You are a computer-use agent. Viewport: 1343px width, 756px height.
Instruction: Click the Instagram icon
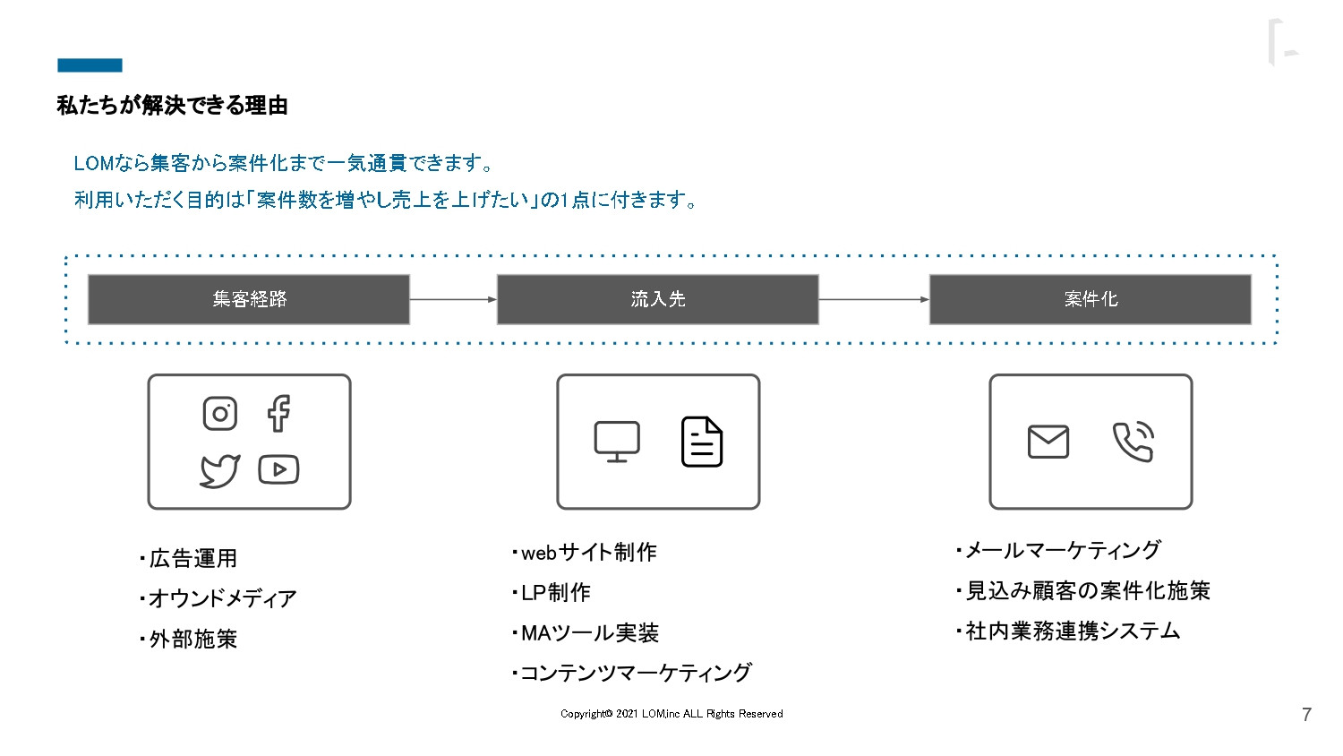[x=220, y=414]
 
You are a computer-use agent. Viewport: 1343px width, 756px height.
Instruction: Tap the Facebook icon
[x=278, y=413]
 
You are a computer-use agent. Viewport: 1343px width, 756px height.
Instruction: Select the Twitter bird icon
[x=219, y=470]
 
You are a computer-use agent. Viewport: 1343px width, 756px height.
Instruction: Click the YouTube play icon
[x=278, y=469]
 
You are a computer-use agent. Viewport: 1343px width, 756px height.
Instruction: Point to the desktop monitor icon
[x=617, y=442]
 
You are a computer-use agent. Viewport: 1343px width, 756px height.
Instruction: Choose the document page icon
[x=702, y=442]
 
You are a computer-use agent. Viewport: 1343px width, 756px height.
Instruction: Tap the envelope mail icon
[x=1048, y=442]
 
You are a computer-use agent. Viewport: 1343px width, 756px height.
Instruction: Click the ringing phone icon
[x=1133, y=442]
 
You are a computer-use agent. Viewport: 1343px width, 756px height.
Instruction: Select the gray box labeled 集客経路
[x=249, y=299]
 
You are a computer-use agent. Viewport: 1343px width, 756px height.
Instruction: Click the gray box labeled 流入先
[x=658, y=299]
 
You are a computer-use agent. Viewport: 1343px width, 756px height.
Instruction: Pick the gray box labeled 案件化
[x=1091, y=299]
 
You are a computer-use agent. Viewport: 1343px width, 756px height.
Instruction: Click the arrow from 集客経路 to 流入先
[x=453, y=299]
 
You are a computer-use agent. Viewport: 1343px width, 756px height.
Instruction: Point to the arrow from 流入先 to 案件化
[x=874, y=299]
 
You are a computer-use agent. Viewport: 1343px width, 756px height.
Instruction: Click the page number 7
[x=1306, y=715]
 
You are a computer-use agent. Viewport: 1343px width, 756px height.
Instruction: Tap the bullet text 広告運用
[x=192, y=559]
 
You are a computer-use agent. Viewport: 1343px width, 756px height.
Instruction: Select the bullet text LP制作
[x=555, y=593]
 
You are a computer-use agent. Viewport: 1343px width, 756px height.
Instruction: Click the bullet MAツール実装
[x=589, y=633]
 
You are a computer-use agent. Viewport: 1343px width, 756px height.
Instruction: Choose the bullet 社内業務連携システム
[x=1073, y=631]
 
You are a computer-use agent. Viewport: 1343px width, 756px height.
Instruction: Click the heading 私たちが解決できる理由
[x=173, y=106]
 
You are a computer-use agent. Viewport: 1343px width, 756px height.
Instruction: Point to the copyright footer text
[x=671, y=714]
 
